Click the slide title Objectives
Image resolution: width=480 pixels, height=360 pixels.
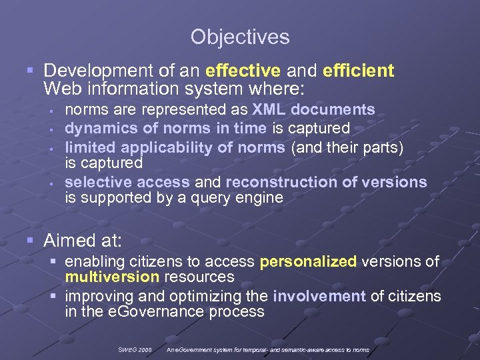[x=240, y=37]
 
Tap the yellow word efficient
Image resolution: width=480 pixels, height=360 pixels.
[x=358, y=71]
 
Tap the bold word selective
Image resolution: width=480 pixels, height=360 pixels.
[x=94, y=182]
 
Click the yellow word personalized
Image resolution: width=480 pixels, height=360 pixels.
[x=308, y=261]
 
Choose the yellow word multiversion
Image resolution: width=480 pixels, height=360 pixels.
[x=107, y=277]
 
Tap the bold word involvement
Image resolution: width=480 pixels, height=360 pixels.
[x=319, y=296]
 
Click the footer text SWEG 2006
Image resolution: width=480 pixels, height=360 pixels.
[x=136, y=349]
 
